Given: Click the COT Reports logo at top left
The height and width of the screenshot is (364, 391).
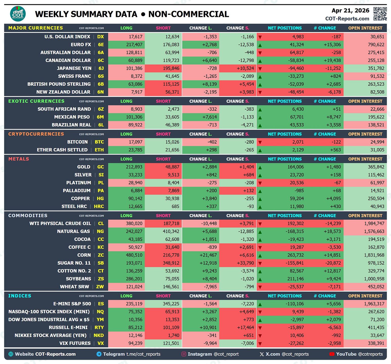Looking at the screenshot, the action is (x=18, y=14).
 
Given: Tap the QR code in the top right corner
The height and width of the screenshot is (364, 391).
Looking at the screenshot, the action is (x=380, y=14).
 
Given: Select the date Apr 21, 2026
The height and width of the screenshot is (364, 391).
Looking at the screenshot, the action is (x=350, y=10).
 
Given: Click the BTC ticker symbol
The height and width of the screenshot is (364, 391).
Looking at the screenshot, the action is (x=99, y=142).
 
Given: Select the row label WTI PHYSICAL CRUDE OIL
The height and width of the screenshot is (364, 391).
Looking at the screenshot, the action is (x=60, y=223).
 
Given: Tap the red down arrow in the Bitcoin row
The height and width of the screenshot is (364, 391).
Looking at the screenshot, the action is (x=260, y=143).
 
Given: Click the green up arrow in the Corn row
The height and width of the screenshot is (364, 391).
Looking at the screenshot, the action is (x=260, y=256).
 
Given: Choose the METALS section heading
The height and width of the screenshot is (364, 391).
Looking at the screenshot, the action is (x=19, y=159).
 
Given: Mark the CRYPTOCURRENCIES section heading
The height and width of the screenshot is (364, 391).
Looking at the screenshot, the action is (x=36, y=134).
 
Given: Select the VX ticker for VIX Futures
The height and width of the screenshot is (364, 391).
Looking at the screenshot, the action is (x=101, y=343).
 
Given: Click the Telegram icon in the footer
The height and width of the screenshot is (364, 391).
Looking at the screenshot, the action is (x=99, y=354).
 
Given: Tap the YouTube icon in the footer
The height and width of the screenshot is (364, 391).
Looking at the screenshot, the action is (x=332, y=354).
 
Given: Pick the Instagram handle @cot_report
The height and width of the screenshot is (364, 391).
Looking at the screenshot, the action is (x=226, y=354).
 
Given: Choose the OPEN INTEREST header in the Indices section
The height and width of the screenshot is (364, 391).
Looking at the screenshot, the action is (x=365, y=296).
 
